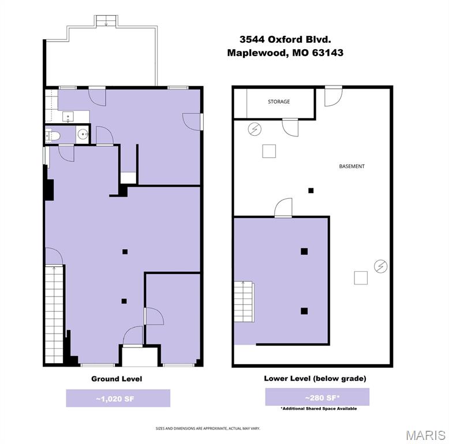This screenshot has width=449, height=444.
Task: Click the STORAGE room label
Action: [279, 102]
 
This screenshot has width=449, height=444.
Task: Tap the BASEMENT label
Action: [351, 166]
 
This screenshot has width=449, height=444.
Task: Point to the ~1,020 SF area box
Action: [118, 398]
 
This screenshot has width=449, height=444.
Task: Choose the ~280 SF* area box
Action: [317, 397]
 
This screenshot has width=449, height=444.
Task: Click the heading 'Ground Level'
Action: [117, 379]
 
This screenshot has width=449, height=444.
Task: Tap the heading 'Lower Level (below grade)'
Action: [315, 379]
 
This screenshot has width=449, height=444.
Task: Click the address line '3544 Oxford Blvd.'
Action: [285, 39]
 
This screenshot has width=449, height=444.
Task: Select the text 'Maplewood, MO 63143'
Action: [285, 53]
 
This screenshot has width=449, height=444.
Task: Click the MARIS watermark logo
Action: [425, 434]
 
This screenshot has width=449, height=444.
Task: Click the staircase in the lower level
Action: [244, 312]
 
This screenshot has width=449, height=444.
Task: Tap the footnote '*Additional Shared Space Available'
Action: [319, 409]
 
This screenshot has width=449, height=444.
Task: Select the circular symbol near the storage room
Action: [254, 129]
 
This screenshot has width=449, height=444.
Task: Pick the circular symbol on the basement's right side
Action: [380, 266]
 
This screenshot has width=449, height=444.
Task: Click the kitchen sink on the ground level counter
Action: [68, 117]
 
